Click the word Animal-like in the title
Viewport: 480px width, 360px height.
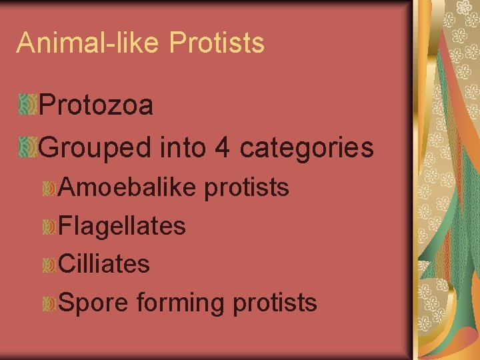(x=89, y=43)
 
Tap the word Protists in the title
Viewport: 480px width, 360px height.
(x=217, y=43)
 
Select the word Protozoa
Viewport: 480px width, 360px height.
(x=97, y=105)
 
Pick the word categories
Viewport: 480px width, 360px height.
(x=307, y=148)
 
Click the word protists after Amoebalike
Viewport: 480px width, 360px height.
(x=247, y=188)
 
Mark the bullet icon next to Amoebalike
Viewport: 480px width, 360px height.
(x=48, y=189)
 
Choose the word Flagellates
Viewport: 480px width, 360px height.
(x=122, y=226)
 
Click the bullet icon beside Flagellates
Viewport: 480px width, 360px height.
(x=48, y=227)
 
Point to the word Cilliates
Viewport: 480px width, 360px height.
(x=104, y=264)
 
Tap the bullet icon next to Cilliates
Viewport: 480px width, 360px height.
(x=48, y=265)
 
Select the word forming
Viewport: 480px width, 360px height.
(x=181, y=303)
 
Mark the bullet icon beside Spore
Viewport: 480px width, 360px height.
(x=48, y=304)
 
